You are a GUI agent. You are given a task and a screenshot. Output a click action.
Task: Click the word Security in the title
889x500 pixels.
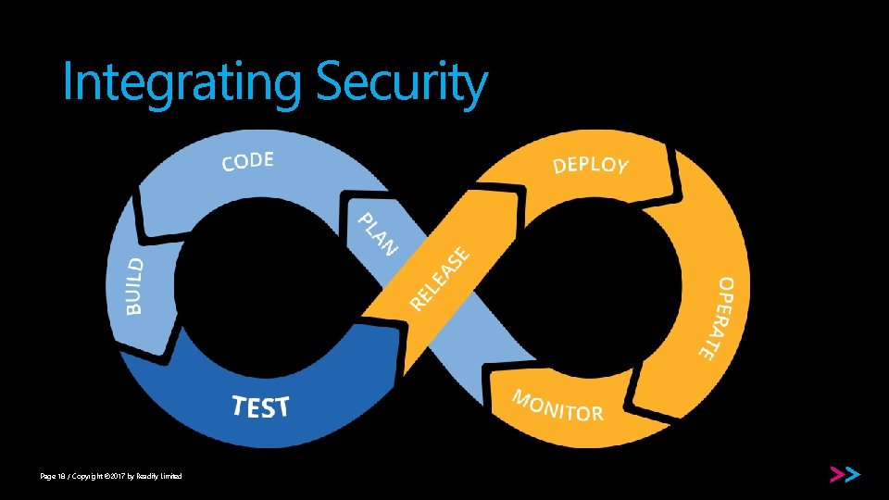pyautogui.click(x=400, y=83)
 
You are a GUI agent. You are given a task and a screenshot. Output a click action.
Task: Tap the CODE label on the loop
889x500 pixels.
pyautogui.click(x=247, y=162)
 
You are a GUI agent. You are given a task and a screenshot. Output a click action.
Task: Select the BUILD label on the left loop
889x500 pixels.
pyautogui.click(x=135, y=285)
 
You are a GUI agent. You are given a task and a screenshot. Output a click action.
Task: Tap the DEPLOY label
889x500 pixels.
pyautogui.click(x=590, y=165)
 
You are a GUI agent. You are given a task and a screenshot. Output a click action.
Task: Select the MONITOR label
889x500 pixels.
pyautogui.click(x=558, y=406)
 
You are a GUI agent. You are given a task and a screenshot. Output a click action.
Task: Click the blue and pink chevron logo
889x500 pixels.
pyautogui.click(x=844, y=475)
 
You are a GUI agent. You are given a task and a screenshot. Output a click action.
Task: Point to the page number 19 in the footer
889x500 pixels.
pyautogui.click(x=60, y=476)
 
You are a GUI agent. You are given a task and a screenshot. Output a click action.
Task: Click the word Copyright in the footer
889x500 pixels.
pyautogui.click(x=89, y=476)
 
